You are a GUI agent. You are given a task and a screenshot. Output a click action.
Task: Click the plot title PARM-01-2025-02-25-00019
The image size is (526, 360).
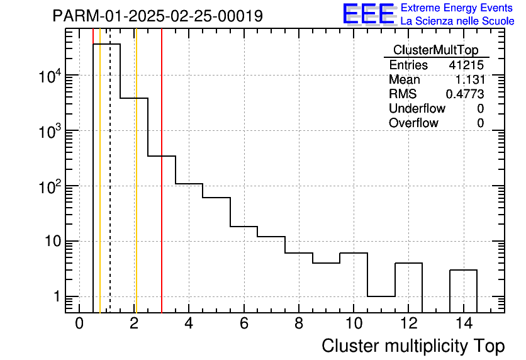coord(157,16)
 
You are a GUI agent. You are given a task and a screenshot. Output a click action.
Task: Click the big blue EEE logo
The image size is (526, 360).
coord(368,14)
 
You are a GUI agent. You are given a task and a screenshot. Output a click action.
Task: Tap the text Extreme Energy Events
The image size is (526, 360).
coord(457,8)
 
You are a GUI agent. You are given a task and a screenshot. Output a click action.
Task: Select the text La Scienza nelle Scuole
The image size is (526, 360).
coord(457,21)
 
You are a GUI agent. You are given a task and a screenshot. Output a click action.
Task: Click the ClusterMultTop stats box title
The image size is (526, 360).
coord(435,50)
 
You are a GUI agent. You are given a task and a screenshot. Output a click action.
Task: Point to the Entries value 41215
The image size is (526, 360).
coord(466,65)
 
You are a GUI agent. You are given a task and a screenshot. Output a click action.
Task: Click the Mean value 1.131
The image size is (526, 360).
coord(469,79)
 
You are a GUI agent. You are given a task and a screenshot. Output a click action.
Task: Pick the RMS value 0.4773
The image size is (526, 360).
coord(464,94)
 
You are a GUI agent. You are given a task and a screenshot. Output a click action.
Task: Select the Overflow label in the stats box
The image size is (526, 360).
coord(413,123)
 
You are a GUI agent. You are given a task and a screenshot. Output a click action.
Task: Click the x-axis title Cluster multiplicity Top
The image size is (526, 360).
coord(413,346)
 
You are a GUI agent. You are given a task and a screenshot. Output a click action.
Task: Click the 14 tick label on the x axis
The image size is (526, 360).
coord(463,323)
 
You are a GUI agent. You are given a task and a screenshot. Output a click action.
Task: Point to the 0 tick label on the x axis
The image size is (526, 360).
coord(79,323)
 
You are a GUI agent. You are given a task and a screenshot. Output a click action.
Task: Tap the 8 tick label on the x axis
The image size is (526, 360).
coord(299,323)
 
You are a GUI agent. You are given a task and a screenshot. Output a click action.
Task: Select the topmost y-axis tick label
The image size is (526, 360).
coord(49,76)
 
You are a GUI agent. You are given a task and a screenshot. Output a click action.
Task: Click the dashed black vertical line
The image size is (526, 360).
coord(110,189)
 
